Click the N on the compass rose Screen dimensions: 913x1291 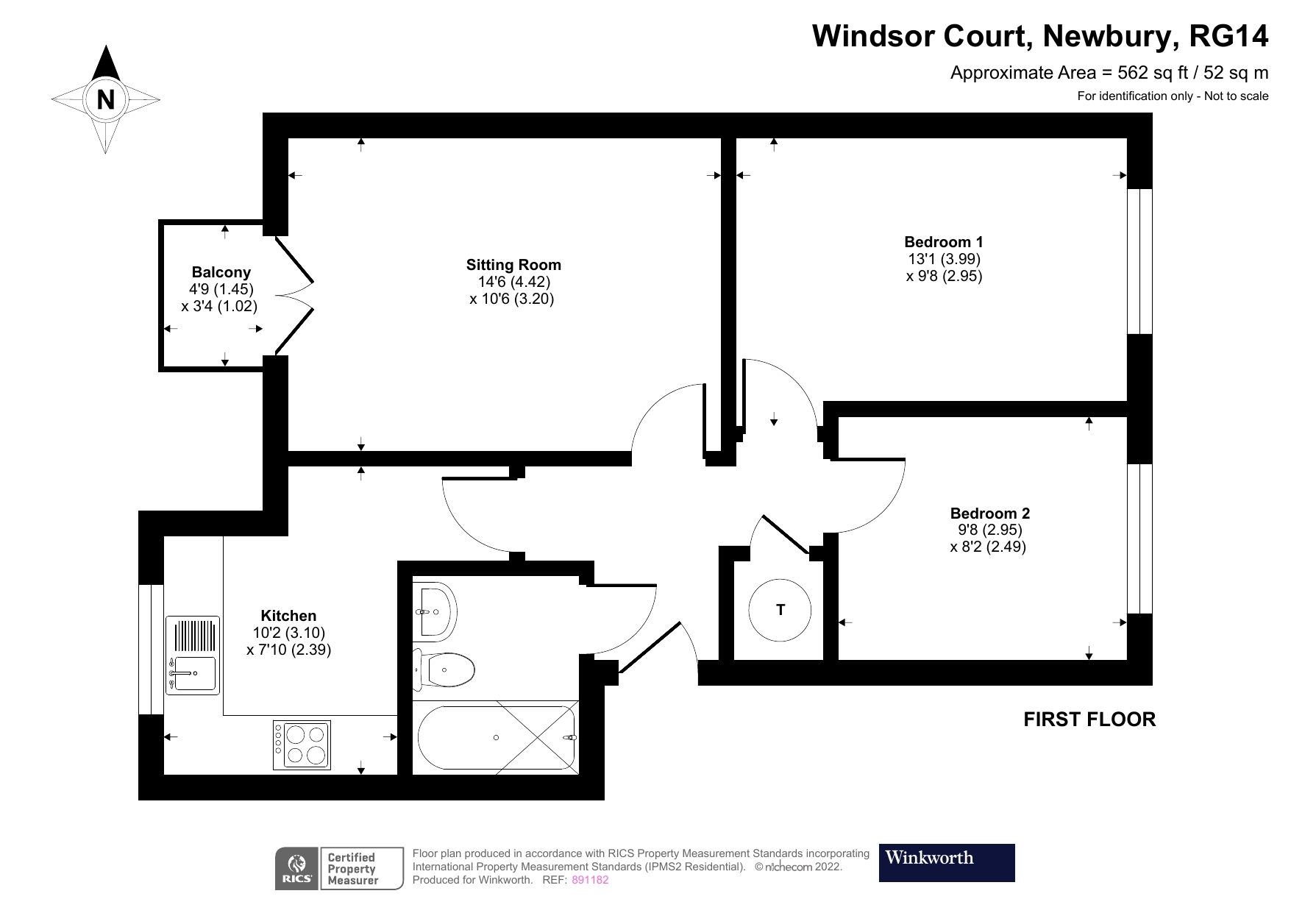(x=106, y=99)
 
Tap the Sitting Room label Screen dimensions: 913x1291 (x=513, y=265)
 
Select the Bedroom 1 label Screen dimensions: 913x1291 (x=943, y=241)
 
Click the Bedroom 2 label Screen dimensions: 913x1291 (x=989, y=514)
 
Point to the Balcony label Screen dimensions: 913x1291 (x=221, y=272)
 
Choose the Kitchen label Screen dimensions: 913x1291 (x=288, y=616)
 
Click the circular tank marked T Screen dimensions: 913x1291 (x=780, y=610)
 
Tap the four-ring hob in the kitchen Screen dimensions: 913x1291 (x=302, y=745)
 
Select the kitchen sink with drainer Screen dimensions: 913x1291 (x=193, y=655)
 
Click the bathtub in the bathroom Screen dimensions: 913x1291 (x=497, y=737)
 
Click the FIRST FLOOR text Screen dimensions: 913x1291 (x=1089, y=720)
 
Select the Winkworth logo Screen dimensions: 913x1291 (x=946, y=862)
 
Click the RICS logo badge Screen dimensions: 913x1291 (x=296, y=869)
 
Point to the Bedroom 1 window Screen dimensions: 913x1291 (x=1139, y=261)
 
